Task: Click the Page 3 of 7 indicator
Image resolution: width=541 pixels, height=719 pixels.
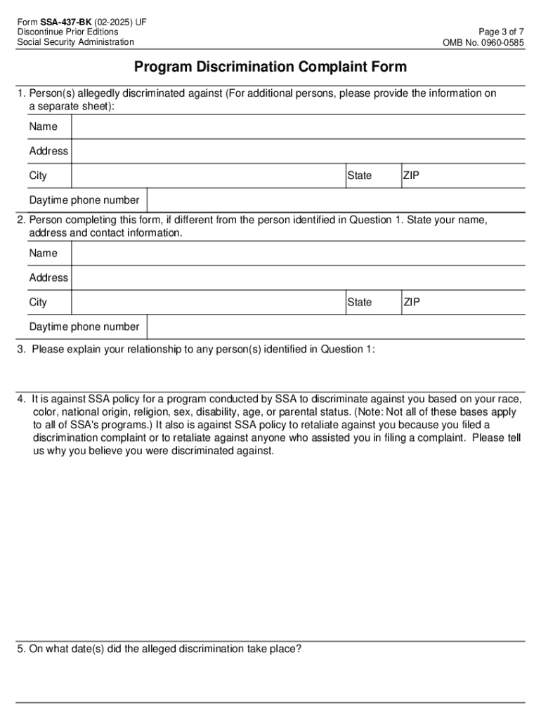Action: click(501, 32)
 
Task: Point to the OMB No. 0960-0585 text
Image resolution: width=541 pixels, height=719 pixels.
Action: click(483, 42)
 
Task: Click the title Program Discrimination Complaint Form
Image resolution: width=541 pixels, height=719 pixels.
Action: click(270, 67)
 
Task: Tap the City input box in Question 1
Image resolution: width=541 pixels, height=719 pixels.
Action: click(208, 176)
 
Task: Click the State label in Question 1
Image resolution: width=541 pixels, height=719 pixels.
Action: click(360, 176)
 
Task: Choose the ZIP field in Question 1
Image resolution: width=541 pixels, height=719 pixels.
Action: click(471, 176)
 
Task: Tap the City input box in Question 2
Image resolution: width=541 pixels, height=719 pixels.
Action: click(208, 303)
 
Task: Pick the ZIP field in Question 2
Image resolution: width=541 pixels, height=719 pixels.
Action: click(471, 303)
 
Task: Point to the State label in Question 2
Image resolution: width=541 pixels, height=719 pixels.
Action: click(360, 303)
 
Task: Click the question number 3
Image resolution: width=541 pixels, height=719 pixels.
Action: click(22, 350)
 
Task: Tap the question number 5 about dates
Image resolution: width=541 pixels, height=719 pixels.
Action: click(22, 649)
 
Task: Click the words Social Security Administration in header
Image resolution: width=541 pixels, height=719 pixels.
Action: click(76, 42)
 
